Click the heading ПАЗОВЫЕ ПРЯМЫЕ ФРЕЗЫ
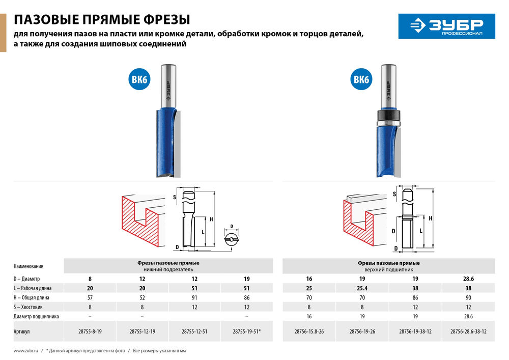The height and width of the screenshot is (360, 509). (x=102, y=20)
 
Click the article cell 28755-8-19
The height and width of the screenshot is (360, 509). (x=90, y=331)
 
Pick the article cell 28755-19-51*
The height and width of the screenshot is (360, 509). (x=246, y=331)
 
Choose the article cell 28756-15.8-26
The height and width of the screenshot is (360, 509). (x=308, y=331)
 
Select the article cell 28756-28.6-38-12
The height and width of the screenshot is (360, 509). (x=468, y=331)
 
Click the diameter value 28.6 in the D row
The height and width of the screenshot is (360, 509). (x=468, y=279)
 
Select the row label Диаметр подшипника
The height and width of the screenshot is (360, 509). (x=36, y=316)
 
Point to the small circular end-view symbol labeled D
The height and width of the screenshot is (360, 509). (x=232, y=238)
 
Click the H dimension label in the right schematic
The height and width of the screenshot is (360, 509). (x=431, y=218)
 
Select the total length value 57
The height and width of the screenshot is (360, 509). (x=90, y=297)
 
